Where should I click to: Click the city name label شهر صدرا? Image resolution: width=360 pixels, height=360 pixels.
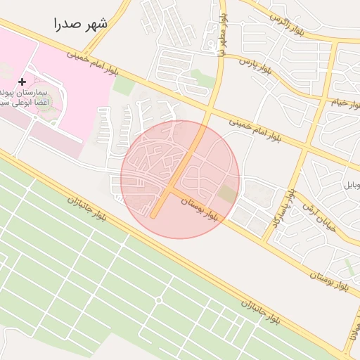click(82, 24)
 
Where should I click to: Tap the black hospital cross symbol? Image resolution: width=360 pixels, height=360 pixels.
click(22, 82)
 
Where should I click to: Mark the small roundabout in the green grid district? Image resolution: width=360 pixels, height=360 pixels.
click(158, 300)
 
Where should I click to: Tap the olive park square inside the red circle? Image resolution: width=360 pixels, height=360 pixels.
click(227, 193)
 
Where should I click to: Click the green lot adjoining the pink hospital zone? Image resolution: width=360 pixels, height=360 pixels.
click(124, 86)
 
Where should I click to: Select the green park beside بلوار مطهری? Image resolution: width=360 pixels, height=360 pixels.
click(202, 75)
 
